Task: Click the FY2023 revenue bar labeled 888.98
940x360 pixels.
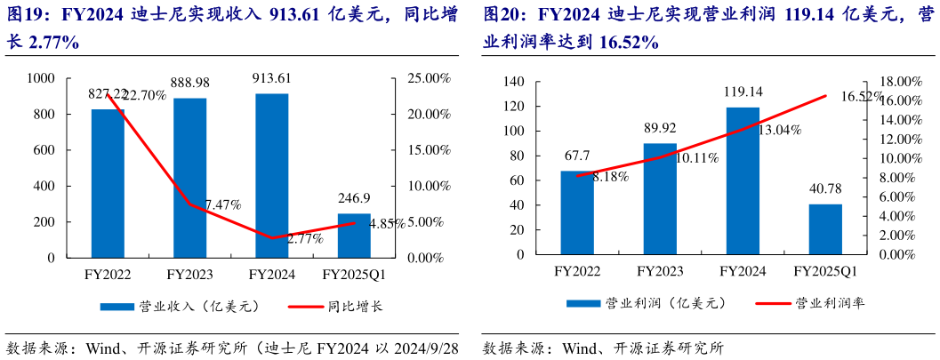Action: point(189,178)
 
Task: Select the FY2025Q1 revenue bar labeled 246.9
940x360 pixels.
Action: point(354,236)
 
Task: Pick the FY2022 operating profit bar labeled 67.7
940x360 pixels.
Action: point(577,212)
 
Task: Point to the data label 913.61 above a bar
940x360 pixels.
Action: point(272,78)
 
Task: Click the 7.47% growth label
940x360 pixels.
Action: point(223,204)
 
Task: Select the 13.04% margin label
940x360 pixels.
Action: point(779,130)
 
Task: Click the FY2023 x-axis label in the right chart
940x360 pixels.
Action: point(660,271)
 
